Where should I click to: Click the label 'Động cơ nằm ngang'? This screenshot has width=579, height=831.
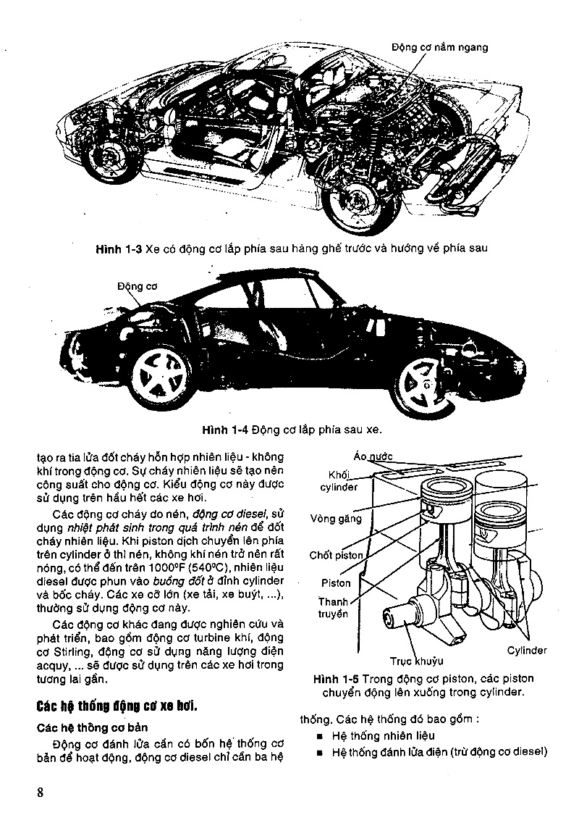tap(439, 47)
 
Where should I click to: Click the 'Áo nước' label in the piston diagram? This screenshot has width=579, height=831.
tap(373, 456)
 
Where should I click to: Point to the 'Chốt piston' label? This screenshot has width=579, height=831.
tap(336, 555)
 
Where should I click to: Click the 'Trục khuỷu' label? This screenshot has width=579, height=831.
tap(416, 661)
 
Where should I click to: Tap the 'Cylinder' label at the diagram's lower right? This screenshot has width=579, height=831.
tap(526, 651)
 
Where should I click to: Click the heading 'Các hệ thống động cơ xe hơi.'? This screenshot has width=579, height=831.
tap(117, 706)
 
